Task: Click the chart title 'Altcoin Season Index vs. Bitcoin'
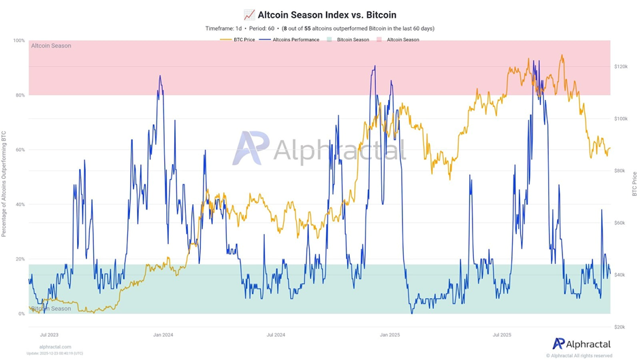(x=326, y=14)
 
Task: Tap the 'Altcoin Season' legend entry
(x=402, y=39)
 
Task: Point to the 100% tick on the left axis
(x=18, y=41)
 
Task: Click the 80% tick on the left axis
(x=20, y=95)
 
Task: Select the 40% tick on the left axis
(x=20, y=204)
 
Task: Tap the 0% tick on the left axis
(x=21, y=314)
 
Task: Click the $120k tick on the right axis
(x=620, y=67)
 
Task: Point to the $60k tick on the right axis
(x=620, y=223)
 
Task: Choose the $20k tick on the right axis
(x=620, y=327)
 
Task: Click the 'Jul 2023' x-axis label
(x=49, y=335)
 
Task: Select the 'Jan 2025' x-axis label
(x=389, y=335)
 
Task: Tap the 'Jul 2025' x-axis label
(x=502, y=335)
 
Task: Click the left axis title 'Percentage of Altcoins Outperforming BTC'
(x=4, y=184)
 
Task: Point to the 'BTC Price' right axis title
(x=635, y=184)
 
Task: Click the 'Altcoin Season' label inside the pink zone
(x=51, y=46)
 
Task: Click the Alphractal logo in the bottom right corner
(x=581, y=344)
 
